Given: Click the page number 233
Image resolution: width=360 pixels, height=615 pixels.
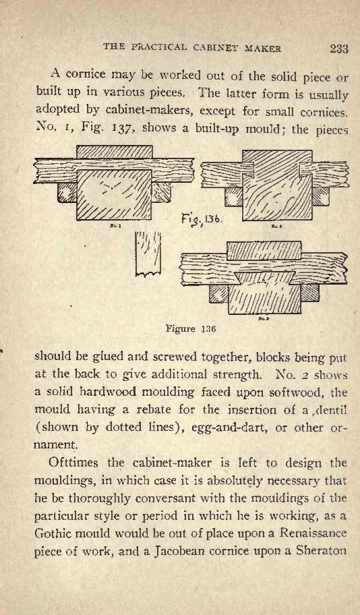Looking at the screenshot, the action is coord(339,49).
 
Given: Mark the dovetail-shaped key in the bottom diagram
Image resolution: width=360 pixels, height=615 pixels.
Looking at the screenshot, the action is coord(266,279).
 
